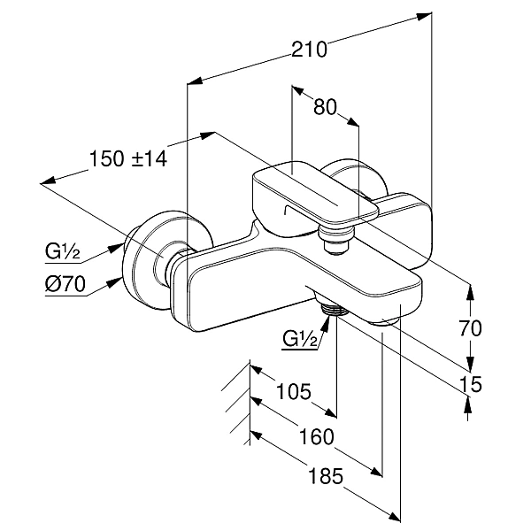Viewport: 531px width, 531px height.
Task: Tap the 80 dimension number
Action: (x=326, y=107)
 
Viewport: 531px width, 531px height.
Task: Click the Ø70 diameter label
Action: (x=63, y=285)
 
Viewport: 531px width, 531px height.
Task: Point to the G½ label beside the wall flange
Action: (x=63, y=252)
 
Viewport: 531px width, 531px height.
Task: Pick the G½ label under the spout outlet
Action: (x=300, y=340)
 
